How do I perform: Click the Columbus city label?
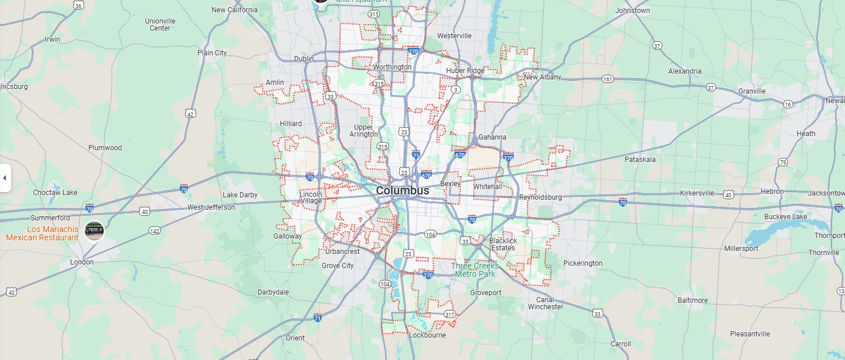pyautogui.click(x=402, y=191)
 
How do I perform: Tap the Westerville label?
pyautogui.click(x=454, y=36)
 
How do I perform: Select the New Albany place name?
pyautogui.click(x=539, y=77)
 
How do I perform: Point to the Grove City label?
pyautogui.click(x=338, y=266)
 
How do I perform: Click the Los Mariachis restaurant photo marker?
pyautogui.click(x=94, y=231)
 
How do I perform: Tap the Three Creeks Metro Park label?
pyautogui.click(x=475, y=270)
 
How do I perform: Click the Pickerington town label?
pyautogui.click(x=583, y=263)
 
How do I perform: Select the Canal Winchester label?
pyautogui.click(x=545, y=303)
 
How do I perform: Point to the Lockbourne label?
pyautogui.click(x=427, y=335)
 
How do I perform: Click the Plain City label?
pyautogui.click(x=212, y=53)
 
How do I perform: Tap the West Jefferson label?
pyautogui.click(x=211, y=207)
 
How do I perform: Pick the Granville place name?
pyautogui.click(x=752, y=91)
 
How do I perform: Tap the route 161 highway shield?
pyautogui.click(x=608, y=79)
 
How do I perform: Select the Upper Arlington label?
pyautogui.click(x=364, y=131)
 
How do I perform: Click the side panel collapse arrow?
pyautogui.click(x=5, y=178)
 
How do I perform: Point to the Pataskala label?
pyautogui.click(x=640, y=160)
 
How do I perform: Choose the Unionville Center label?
pyautogui.click(x=160, y=24)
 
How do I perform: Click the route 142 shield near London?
pyautogui.click(x=154, y=231)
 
